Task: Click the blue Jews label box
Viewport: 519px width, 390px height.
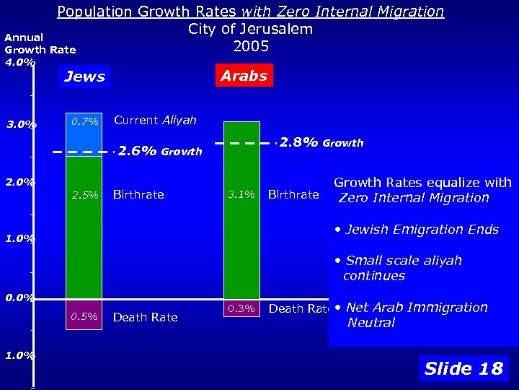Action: (84, 77)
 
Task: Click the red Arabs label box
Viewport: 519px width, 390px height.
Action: (244, 76)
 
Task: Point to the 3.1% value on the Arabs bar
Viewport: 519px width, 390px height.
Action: (241, 194)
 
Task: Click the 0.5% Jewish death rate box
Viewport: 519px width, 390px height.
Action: (84, 316)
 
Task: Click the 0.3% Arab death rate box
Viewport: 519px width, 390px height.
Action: (241, 308)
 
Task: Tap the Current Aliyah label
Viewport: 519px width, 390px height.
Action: (155, 121)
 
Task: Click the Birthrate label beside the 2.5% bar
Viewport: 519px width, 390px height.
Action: (138, 195)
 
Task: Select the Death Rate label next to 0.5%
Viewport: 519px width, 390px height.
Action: (145, 317)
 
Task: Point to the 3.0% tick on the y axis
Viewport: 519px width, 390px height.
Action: (21, 125)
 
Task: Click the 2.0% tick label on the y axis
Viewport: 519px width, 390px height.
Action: (20, 182)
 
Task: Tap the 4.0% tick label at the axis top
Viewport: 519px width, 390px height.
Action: (19, 62)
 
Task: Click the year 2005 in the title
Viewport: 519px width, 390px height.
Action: (251, 46)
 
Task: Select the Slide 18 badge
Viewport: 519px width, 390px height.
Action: (463, 368)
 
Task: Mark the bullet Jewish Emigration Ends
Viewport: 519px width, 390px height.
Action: (422, 230)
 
